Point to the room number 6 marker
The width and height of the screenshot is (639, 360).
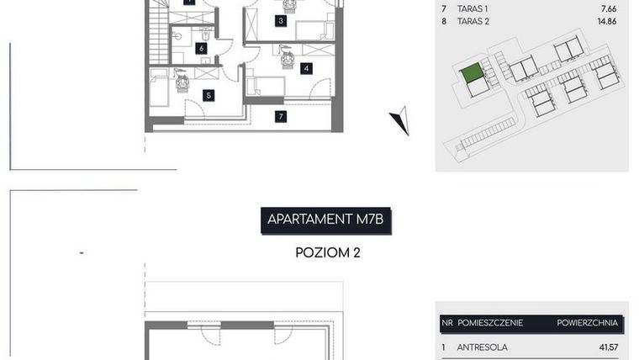click(202, 48)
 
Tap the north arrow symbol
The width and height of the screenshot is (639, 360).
click(401, 121)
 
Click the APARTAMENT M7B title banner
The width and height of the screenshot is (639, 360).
click(326, 220)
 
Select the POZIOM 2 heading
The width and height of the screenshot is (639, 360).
click(327, 252)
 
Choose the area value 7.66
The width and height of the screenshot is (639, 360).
click(607, 9)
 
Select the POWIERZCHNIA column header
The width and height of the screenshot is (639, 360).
click(587, 322)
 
